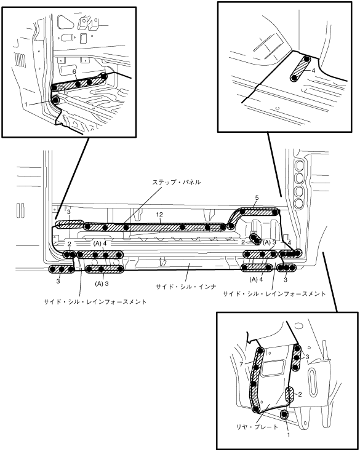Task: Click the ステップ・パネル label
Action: point(176,182)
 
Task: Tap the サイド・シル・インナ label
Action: point(186,287)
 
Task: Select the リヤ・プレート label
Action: point(257,427)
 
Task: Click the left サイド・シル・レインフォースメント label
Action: point(95,302)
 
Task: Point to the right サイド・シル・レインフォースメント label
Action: point(274,294)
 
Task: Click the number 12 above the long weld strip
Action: point(159,215)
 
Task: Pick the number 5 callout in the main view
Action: point(257,198)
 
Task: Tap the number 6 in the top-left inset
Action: point(74,71)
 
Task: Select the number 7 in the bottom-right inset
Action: point(241,364)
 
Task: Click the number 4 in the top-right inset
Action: point(313,70)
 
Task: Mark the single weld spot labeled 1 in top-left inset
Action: point(55,100)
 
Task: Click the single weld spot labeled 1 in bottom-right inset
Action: point(284,414)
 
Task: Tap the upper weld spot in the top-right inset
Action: point(306,60)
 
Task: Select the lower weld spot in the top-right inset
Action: point(294,78)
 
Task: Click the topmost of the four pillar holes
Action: point(298,165)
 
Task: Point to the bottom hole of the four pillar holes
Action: point(298,203)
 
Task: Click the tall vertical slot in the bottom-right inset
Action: point(313,381)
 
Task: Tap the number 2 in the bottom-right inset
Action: point(300,394)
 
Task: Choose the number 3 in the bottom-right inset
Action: point(308,357)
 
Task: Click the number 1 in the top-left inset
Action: point(26,105)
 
